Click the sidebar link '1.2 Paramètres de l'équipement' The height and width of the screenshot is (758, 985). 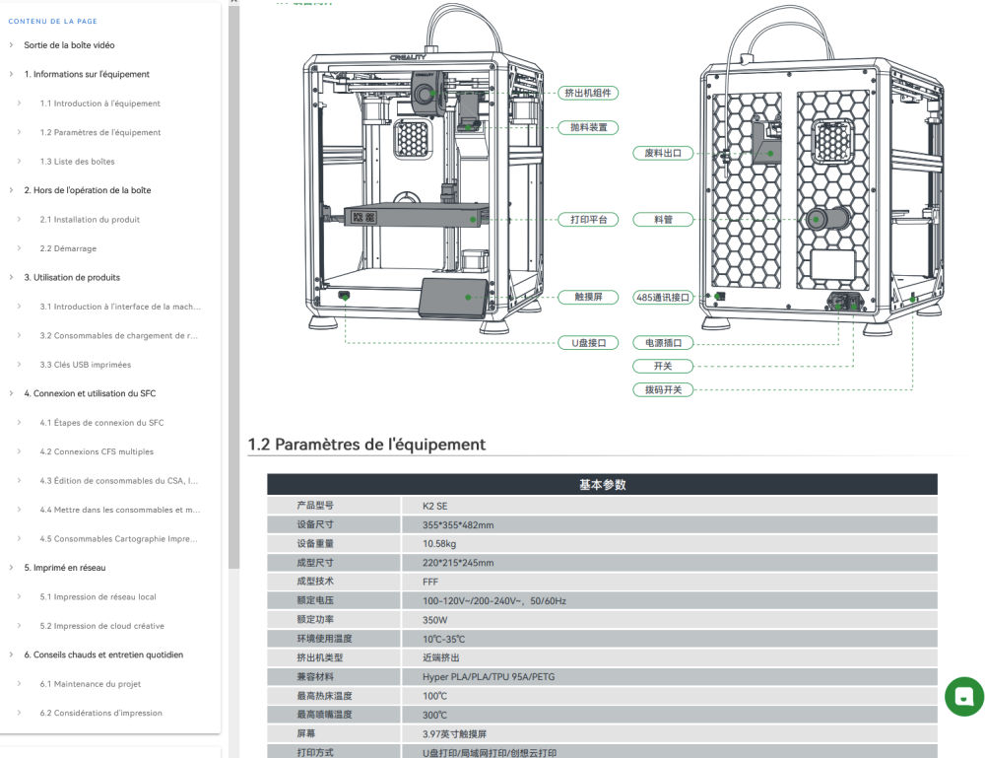(x=99, y=132)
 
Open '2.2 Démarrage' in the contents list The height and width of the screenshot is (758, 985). (x=68, y=248)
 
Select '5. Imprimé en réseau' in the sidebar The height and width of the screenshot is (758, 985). (x=65, y=568)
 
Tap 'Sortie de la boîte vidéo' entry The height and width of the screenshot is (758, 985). (x=69, y=45)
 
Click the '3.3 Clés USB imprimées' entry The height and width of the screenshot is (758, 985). (x=86, y=365)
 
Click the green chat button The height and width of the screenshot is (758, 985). (x=964, y=697)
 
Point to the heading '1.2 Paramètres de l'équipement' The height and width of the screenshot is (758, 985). (x=366, y=445)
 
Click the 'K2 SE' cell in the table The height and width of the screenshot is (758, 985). (x=434, y=506)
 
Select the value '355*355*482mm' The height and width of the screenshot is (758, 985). (x=458, y=524)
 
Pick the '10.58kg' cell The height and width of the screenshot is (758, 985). (x=439, y=544)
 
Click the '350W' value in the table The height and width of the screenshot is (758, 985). (x=434, y=620)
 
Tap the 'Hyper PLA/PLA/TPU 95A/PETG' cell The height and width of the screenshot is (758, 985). (x=489, y=677)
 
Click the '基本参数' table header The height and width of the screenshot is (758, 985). (x=603, y=485)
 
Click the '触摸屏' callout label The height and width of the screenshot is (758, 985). (x=589, y=298)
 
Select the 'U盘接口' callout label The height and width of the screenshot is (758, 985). (x=589, y=343)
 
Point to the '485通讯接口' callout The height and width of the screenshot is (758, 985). (x=663, y=298)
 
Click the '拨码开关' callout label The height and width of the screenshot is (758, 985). (x=663, y=389)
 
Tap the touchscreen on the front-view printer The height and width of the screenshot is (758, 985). (x=453, y=297)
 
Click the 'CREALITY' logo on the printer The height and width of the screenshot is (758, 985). (x=408, y=57)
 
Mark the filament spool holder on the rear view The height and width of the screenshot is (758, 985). (x=827, y=220)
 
